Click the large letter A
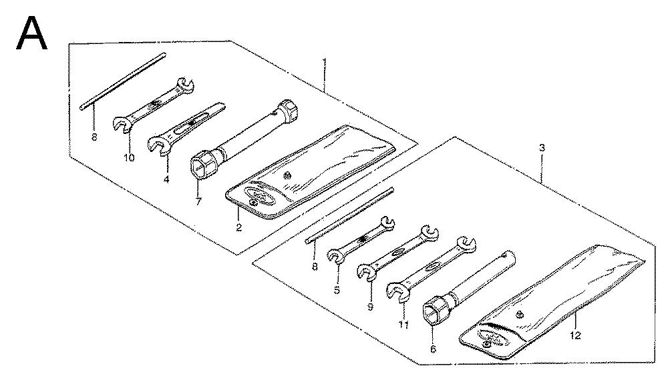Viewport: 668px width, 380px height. (x=31, y=33)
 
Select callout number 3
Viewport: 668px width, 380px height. (x=542, y=148)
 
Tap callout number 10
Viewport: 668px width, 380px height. (x=129, y=158)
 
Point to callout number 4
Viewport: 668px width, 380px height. (x=166, y=179)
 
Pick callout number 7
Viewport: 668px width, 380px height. (x=198, y=202)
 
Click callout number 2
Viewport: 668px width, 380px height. (x=238, y=227)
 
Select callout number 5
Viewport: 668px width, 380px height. (x=337, y=291)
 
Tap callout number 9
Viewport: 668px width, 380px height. (x=370, y=307)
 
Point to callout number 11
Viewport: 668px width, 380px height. (x=404, y=325)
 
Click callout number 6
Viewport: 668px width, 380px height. (x=433, y=349)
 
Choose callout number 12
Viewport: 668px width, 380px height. (x=575, y=335)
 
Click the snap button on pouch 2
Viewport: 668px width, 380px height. (x=287, y=175)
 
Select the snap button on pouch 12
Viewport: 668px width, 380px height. (x=519, y=315)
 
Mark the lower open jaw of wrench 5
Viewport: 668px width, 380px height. (x=336, y=256)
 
